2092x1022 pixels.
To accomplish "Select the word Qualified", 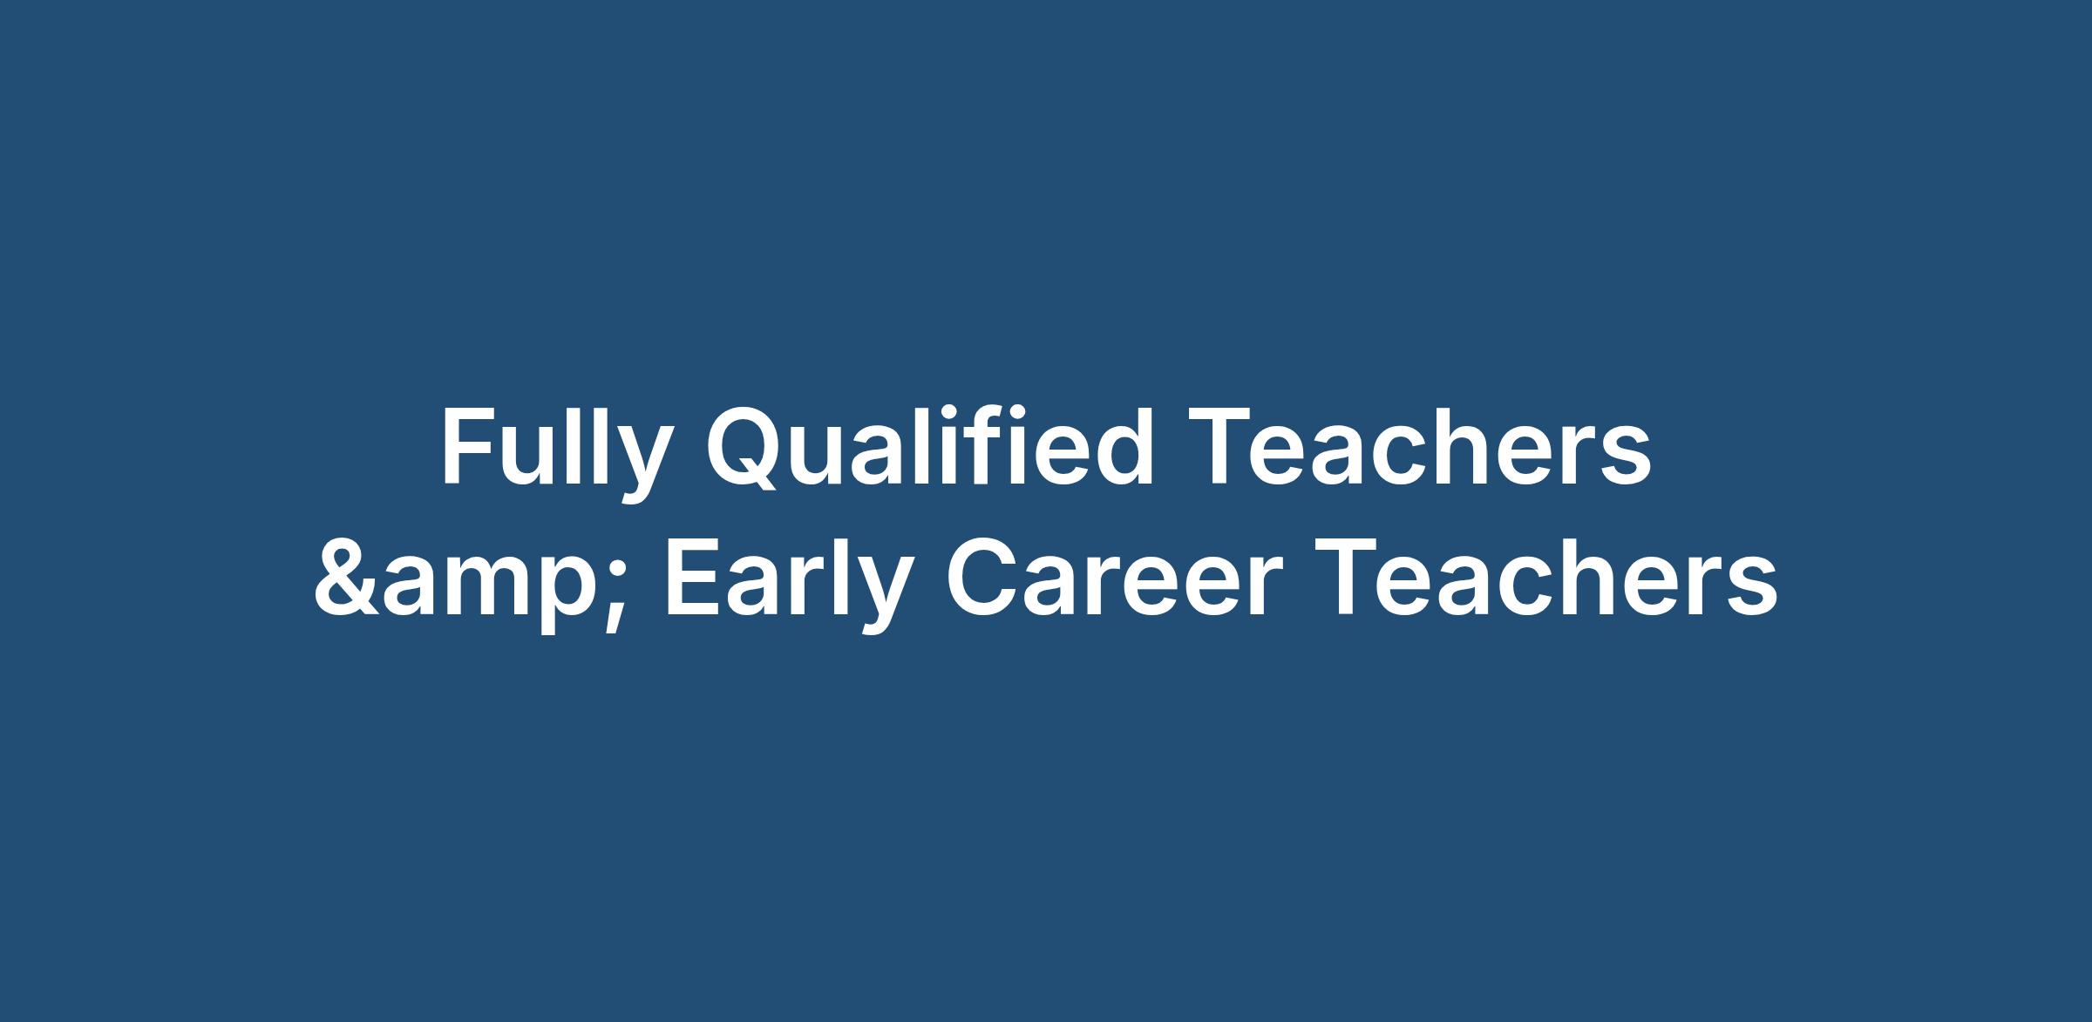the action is (929, 447).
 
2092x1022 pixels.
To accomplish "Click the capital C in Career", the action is (984, 577).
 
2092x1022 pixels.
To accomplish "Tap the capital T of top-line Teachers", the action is (1219, 448).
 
